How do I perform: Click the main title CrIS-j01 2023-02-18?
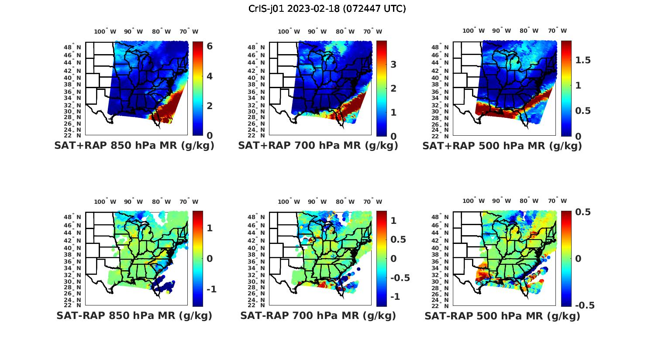pos(327,9)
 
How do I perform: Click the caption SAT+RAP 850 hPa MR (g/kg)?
pos(134,146)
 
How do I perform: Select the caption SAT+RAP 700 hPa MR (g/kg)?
pos(318,146)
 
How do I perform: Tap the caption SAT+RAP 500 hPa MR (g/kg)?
pos(502,146)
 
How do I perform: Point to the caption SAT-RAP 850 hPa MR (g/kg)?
pos(134,316)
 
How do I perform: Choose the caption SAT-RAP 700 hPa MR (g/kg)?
pos(318,316)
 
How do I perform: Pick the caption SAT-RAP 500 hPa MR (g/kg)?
pos(502,316)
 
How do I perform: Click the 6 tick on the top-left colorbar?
pos(210,46)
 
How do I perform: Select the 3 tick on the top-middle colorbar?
pos(393,65)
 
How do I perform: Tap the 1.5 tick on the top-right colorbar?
pos(583,60)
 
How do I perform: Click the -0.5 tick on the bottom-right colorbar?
pos(584,305)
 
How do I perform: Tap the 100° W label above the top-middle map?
pos(289,31)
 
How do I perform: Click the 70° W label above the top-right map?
pos(557,31)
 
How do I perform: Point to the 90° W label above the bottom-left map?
pos(133,202)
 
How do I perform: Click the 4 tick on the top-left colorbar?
pos(210,76)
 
